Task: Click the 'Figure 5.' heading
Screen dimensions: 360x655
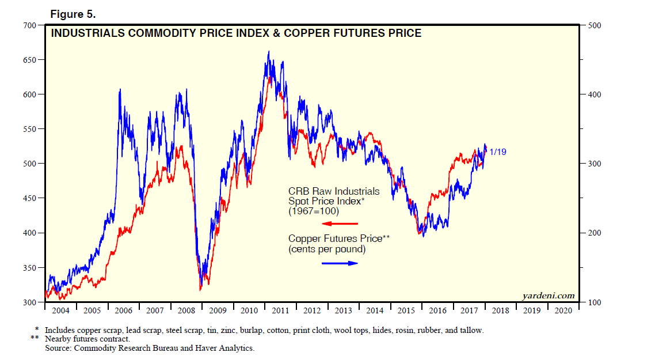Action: (x=72, y=13)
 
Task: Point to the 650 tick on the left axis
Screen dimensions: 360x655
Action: (x=28, y=60)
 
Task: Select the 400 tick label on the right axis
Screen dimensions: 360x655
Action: (x=593, y=94)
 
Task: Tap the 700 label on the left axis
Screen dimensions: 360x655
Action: (x=28, y=25)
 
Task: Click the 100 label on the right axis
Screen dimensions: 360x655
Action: (x=593, y=302)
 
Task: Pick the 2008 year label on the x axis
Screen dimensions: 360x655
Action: (x=186, y=311)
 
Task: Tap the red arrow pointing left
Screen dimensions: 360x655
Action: (x=340, y=223)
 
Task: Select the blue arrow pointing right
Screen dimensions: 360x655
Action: (x=340, y=263)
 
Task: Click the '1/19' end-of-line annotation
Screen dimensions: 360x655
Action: (x=498, y=152)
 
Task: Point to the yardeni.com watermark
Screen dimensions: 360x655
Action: (x=549, y=296)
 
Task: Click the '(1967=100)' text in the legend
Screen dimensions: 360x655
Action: (x=314, y=211)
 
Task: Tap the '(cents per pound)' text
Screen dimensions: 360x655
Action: (x=327, y=249)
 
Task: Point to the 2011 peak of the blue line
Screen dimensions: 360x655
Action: (x=268, y=52)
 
